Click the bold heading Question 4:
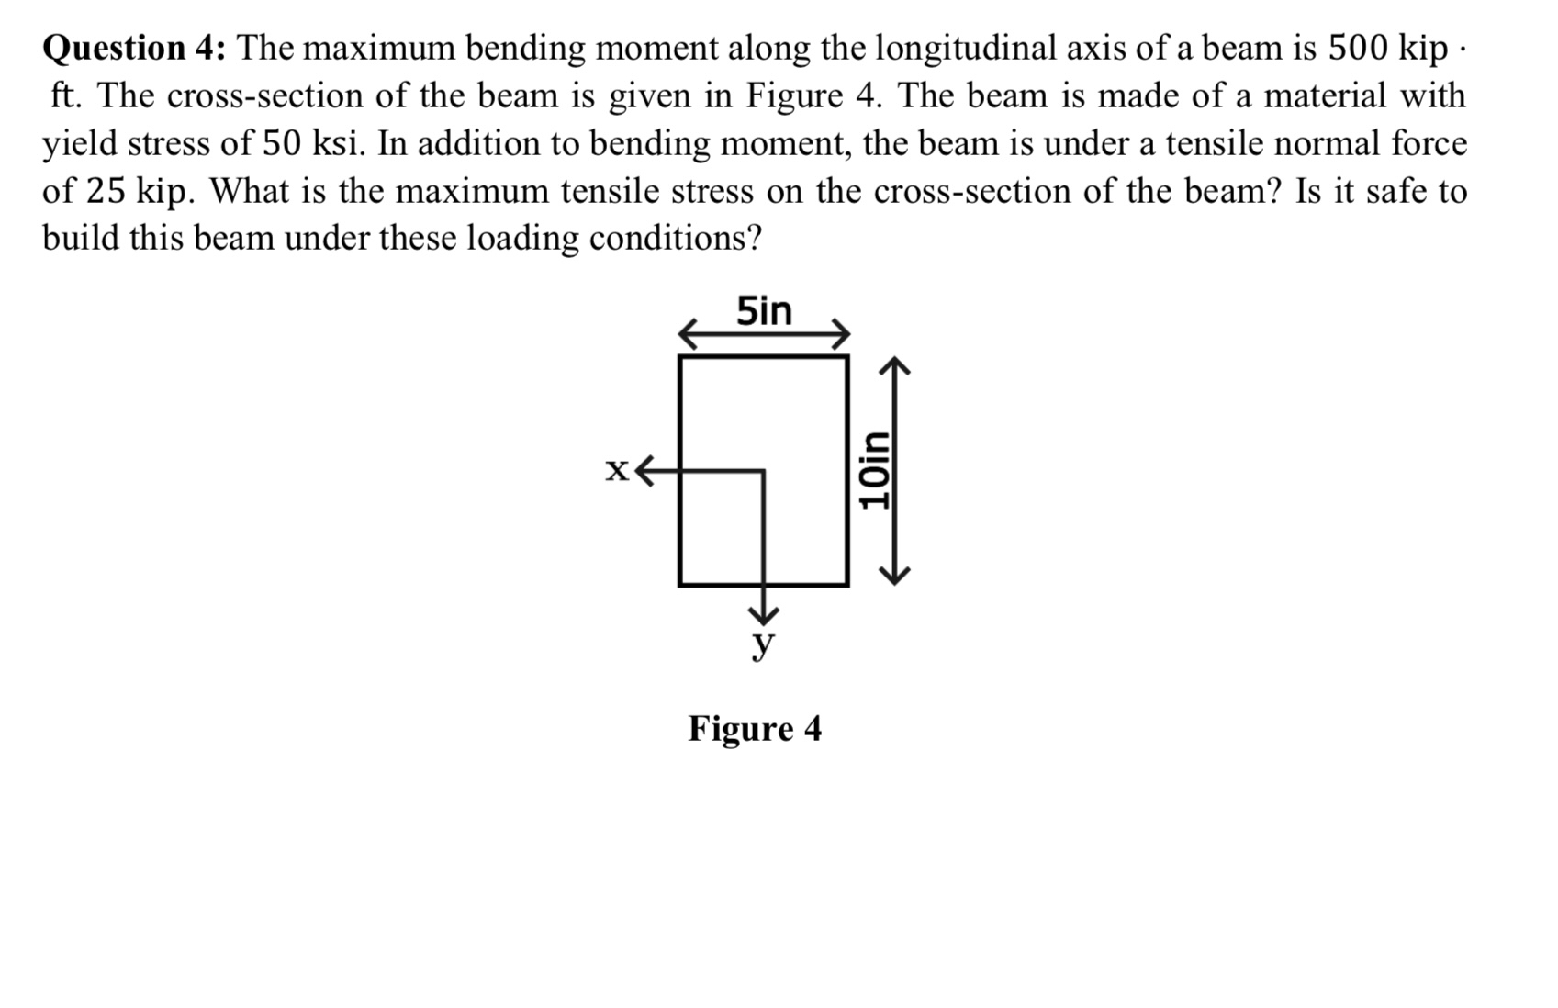(x=137, y=48)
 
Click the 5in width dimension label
(x=764, y=312)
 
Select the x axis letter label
(x=617, y=471)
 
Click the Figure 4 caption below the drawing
(x=755, y=729)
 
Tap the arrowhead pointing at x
(x=646, y=471)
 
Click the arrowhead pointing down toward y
(x=763, y=612)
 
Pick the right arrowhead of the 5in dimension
(x=840, y=334)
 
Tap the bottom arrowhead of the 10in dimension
(x=895, y=574)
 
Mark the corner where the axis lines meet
(x=763, y=472)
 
